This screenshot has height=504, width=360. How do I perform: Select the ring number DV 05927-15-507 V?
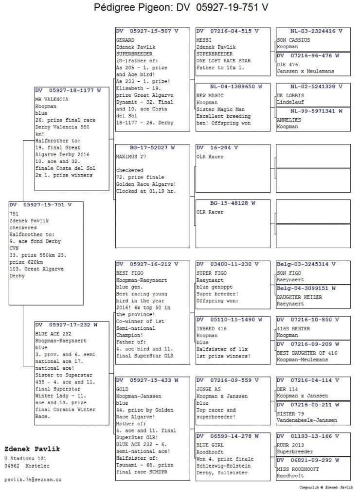coord(147,31)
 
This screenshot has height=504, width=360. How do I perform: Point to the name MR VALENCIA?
coord(52,99)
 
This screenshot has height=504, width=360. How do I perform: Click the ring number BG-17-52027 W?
coord(152,147)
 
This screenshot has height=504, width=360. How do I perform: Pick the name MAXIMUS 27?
coord(132,157)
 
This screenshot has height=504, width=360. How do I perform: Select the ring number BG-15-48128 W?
coord(233,203)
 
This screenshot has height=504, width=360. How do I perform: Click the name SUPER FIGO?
coord(211,273)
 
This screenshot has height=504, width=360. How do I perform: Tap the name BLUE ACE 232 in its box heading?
coord(54,334)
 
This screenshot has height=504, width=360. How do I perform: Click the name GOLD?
coord(122,390)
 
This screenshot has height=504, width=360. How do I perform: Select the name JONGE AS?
coord(208,390)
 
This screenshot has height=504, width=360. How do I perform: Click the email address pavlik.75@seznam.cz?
coord(33,480)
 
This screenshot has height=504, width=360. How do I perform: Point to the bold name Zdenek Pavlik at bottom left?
coord(29,449)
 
